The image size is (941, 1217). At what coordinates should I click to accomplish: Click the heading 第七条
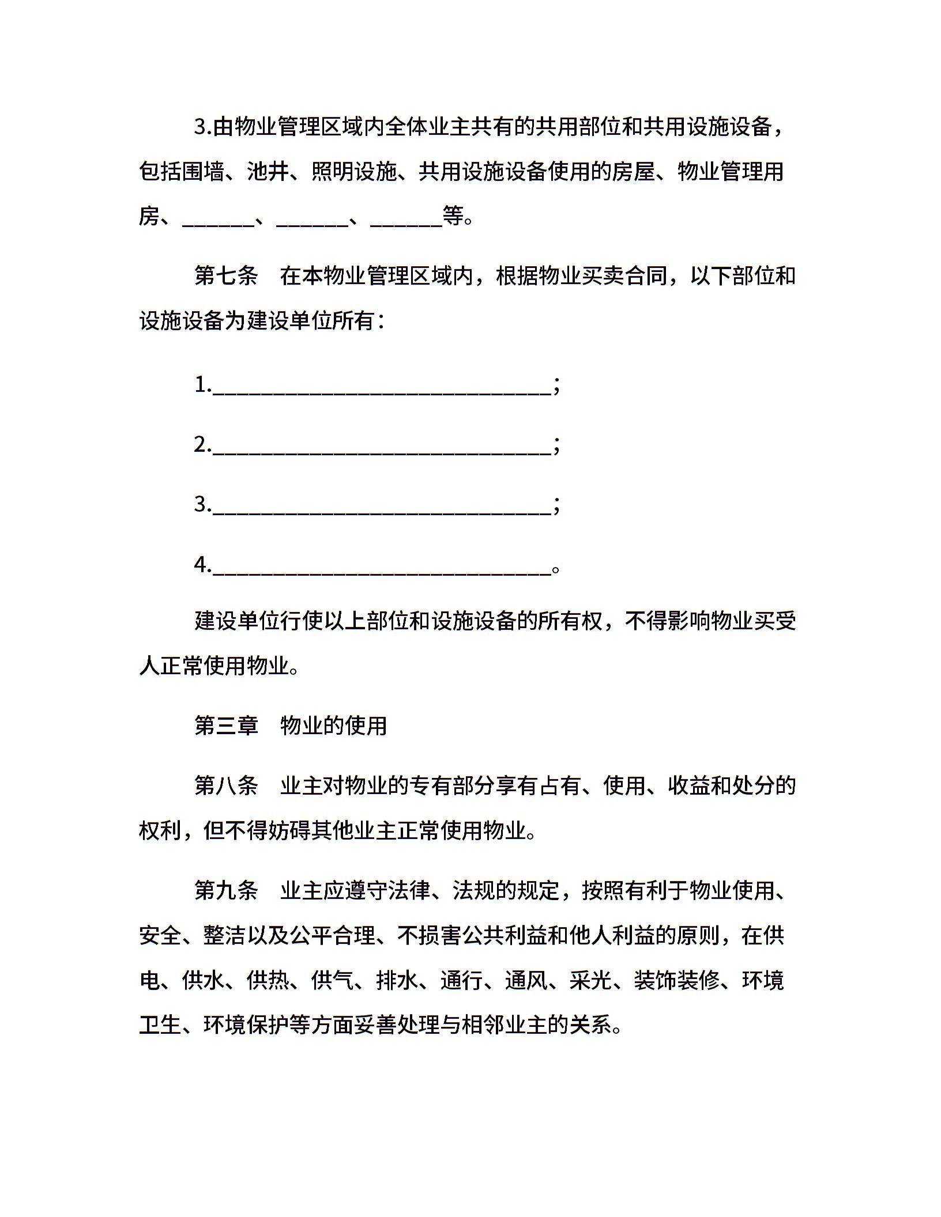click(226, 276)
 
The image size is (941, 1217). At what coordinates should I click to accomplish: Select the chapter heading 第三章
click(226, 725)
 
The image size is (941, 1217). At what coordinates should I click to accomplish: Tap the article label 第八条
click(226, 785)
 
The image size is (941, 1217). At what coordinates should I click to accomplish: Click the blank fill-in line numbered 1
click(382, 387)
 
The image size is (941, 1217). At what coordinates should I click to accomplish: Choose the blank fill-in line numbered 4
click(382, 566)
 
